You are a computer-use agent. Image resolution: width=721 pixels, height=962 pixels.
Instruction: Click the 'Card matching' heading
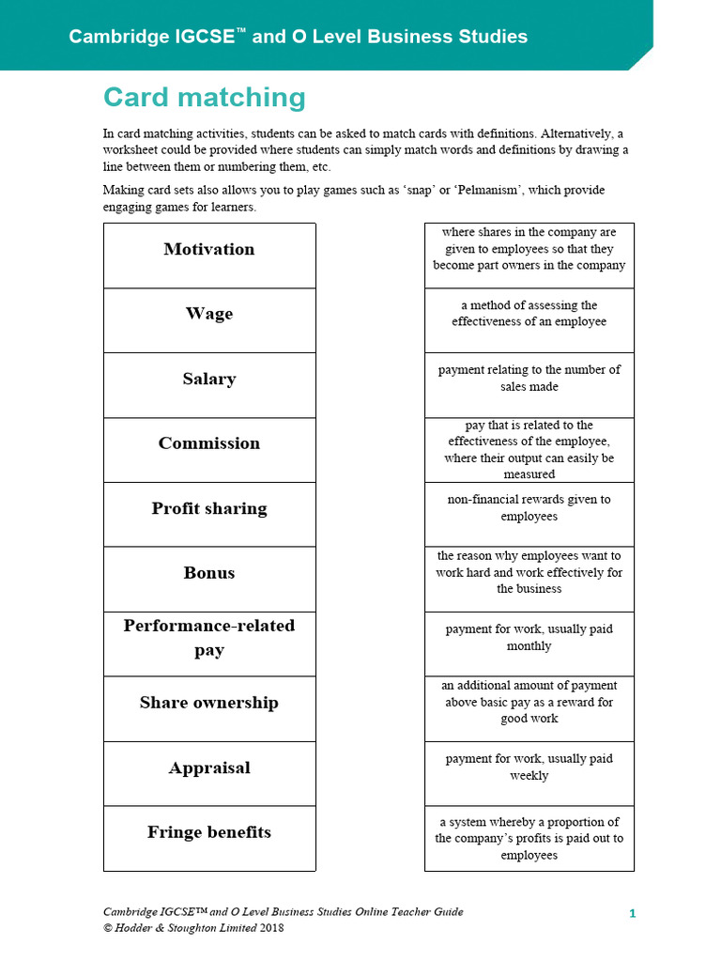204,98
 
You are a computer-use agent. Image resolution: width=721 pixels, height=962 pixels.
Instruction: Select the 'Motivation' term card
209,250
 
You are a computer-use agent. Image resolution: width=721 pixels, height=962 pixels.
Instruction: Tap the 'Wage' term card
209,315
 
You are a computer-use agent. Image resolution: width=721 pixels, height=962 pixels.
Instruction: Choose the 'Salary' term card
209,380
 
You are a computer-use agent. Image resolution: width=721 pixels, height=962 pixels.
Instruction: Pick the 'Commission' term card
209,444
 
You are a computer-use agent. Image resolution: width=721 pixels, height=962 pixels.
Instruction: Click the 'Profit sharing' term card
209,509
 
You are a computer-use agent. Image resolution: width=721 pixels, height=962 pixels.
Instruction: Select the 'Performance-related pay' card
209,638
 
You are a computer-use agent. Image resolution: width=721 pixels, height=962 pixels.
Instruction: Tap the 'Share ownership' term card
209,704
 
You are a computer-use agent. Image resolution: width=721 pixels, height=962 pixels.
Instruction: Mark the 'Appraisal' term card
209,768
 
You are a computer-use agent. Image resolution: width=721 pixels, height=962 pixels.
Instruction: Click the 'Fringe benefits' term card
209,833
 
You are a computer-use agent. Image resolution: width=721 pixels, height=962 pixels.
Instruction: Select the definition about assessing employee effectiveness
529,314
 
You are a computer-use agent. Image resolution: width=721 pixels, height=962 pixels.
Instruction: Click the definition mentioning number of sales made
529,379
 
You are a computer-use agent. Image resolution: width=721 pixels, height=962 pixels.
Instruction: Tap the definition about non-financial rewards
529,508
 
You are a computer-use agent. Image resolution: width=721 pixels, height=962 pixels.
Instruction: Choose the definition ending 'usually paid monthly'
529,638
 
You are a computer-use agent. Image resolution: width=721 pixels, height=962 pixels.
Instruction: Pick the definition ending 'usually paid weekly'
529,768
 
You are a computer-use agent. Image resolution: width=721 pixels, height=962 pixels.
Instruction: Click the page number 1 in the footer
633,913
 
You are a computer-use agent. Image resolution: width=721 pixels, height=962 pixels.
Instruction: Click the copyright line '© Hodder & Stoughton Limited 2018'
193,928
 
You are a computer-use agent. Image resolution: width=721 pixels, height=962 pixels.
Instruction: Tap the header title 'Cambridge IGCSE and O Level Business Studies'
298,37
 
